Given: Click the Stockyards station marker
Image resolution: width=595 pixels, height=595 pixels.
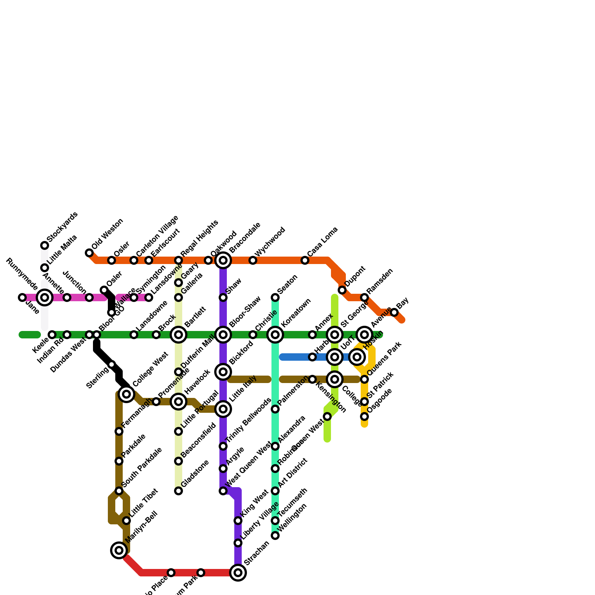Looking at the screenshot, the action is click(45, 245).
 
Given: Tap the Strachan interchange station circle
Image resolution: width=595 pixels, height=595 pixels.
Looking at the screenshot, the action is click(238, 573).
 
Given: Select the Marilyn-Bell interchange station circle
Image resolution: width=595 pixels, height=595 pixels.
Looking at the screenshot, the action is click(119, 550).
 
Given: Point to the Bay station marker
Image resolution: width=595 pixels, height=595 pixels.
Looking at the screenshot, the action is click(394, 312).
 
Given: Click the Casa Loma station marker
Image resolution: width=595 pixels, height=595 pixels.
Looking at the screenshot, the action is click(305, 260).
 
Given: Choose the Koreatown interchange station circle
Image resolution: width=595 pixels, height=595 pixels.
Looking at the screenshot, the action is click(275, 335).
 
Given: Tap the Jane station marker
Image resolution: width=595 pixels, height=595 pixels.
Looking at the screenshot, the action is click(22, 297).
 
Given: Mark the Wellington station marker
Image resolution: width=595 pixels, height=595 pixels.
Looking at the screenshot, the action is click(275, 535).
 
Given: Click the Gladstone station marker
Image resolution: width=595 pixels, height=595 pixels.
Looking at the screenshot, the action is click(178, 491).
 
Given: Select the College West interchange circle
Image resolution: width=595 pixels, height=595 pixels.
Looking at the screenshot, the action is click(126, 394).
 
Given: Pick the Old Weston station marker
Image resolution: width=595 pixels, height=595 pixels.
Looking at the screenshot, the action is click(89, 253).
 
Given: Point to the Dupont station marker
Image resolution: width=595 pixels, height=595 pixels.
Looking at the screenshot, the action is click(342, 290).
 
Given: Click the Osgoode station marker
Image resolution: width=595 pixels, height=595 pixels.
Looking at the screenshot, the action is click(364, 416).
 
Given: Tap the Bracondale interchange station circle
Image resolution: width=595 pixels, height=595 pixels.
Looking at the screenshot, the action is click(223, 260).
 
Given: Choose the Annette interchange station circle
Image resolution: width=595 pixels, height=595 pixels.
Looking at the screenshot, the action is click(45, 297).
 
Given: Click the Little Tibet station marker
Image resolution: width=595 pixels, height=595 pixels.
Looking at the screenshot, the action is click(126, 521).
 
